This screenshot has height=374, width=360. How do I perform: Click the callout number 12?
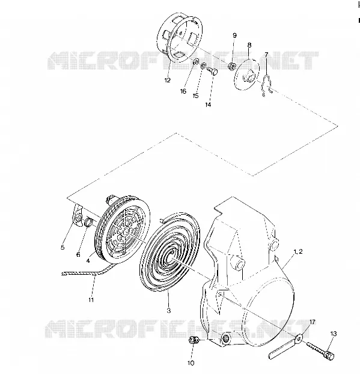168,80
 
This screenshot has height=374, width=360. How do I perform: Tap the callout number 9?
234,35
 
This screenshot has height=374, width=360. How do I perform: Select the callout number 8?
249,45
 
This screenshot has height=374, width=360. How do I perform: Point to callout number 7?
266,55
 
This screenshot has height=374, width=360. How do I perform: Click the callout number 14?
208,105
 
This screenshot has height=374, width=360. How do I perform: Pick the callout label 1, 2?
298,251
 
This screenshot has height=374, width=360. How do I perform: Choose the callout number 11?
91,299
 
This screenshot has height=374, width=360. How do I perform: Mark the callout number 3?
169,310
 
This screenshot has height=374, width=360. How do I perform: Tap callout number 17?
313,322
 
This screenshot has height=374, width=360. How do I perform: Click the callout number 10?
191,363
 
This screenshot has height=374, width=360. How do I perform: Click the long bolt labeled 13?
320,351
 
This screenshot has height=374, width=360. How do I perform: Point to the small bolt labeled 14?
212,71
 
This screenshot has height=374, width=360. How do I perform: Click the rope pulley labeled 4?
123,229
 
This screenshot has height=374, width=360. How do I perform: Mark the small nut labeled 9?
232,66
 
